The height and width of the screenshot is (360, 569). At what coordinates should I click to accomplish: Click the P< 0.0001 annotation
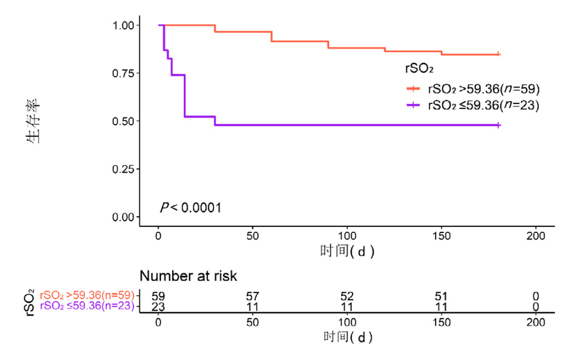191,207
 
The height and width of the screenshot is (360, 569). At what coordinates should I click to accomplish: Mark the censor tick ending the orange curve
499,54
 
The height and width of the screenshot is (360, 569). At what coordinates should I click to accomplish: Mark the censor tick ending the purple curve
499,125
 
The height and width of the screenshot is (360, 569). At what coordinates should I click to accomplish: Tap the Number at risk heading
188,276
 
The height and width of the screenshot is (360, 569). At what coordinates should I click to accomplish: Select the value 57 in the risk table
252,296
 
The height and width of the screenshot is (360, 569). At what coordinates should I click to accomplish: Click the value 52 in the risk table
347,296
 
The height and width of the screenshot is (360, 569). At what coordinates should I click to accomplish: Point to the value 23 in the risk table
158,306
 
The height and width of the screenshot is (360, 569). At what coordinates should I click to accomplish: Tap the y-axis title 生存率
35,121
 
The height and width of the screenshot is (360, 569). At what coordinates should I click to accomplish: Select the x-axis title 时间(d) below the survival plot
347,250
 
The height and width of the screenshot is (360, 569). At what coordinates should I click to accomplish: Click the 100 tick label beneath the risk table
347,323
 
